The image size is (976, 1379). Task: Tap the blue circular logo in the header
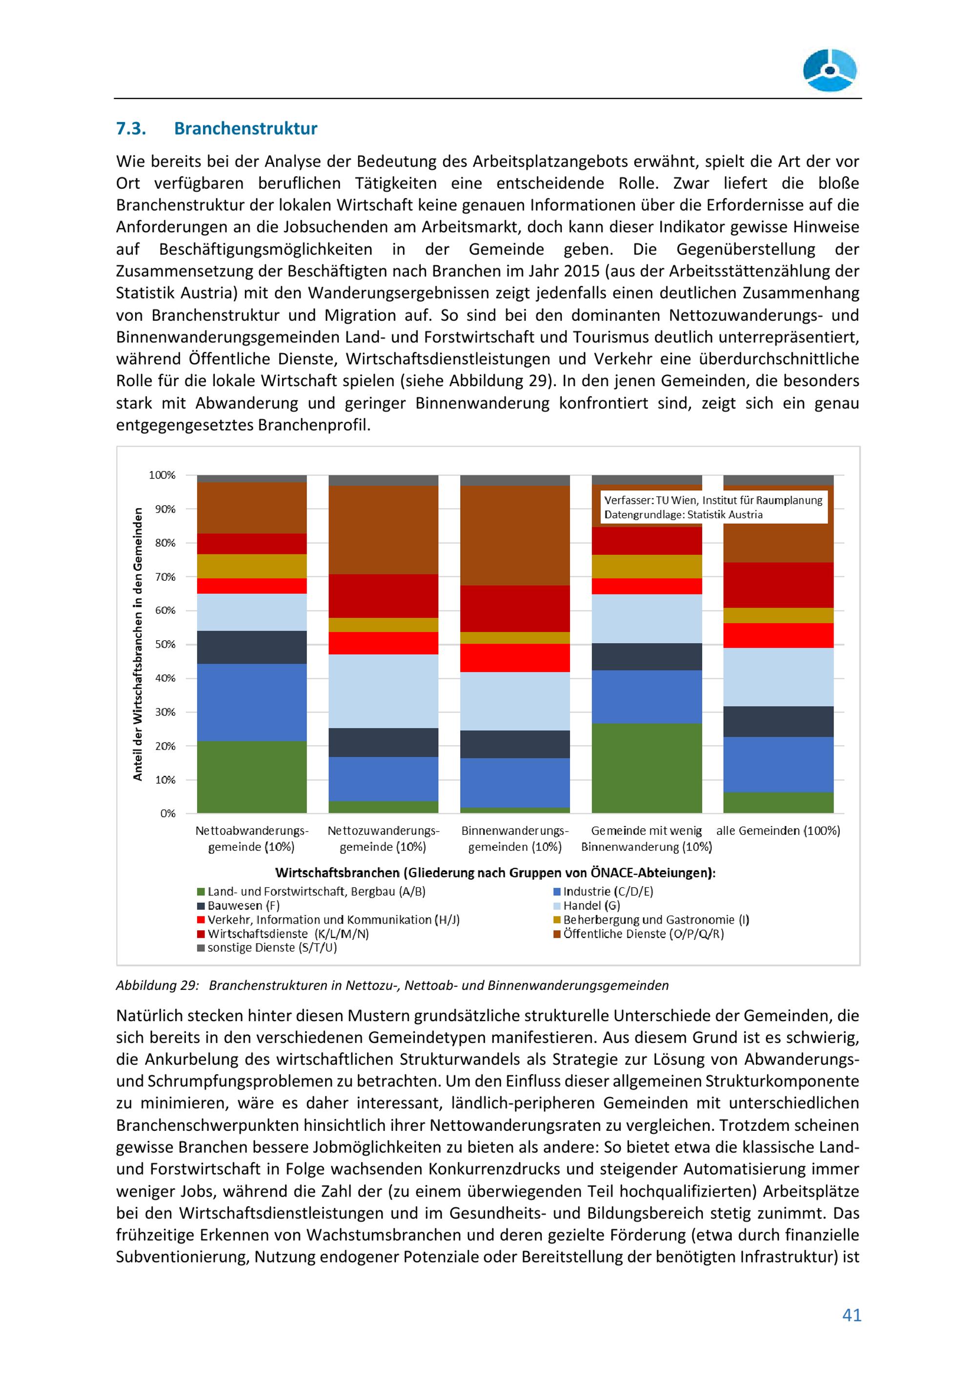coord(830,70)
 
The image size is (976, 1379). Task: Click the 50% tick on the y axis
coord(163,645)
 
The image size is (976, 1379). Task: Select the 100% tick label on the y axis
coord(162,475)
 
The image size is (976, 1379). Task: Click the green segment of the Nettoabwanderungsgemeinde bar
coord(252,777)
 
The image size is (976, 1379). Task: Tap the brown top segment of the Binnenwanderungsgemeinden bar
coord(515,534)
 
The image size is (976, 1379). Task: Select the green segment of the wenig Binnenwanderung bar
coord(647,768)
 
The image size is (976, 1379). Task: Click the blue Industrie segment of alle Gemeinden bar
coord(778,764)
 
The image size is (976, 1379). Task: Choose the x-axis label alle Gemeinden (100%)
coord(778,830)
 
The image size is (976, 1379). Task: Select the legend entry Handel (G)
coord(591,905)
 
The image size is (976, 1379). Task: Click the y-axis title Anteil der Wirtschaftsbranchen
coord(138,644)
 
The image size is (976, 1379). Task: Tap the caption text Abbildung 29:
coord(157,985)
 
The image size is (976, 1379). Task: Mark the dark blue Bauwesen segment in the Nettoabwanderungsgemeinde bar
coord(252,647)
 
